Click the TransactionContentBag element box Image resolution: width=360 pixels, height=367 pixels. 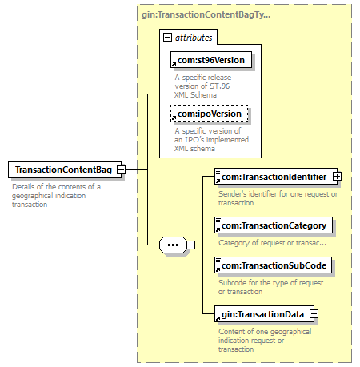(x=65, y=169)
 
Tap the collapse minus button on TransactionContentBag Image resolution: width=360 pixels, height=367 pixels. (x=122, y=169)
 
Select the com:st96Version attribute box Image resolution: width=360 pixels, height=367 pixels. (x=211, y=60)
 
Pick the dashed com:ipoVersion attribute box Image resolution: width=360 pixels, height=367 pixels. (x=210, y=114)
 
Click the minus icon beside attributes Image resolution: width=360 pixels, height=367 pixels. (x=167, y=37)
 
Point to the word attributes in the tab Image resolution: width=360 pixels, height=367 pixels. (x=194, y=38)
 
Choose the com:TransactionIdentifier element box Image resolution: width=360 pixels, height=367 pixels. (x=276, y=176)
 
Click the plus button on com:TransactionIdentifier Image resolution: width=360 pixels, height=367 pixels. (x=337, y=176)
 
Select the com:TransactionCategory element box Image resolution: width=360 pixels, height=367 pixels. (x=274, y=225)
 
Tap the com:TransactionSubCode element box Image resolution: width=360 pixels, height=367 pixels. (x=274, y=265)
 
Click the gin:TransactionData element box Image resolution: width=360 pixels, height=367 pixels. (x=265, y=314)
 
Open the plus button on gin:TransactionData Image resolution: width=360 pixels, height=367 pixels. (x=314, y=314)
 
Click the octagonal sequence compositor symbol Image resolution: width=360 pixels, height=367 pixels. (x=173, y=245)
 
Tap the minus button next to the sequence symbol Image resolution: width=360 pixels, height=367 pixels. (x=190, y=245)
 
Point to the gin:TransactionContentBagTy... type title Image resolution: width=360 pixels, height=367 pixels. (x=206, y=14)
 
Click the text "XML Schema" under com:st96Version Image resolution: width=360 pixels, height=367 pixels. (x=195, y=95)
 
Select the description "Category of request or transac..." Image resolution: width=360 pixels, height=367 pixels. (x=272, y=243)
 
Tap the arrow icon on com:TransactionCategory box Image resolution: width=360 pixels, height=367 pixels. (x=218, y=229)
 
